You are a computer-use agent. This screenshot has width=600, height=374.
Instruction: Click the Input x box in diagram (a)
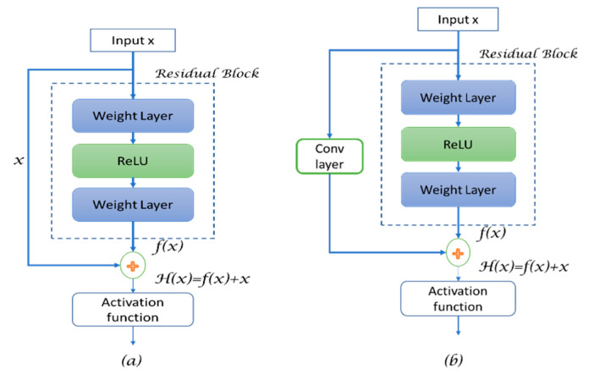(x=134, y=41)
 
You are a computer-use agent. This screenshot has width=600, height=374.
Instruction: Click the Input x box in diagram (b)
(x=458, y=19)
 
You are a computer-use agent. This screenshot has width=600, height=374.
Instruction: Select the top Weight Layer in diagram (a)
(x=134, y=116)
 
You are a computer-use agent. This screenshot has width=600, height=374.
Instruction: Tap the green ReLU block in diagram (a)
(x=134, y=159)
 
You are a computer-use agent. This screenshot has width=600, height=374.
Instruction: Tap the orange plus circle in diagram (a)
(x=134, y=265)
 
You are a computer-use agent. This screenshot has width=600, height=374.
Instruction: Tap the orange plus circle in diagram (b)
(x=458, y=252)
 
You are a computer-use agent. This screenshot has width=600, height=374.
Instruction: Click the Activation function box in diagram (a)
(x=134, y=309)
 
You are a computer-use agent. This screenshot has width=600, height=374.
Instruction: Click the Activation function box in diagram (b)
(x=458, y=297)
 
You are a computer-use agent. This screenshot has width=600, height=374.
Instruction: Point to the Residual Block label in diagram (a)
(x=208, y=73)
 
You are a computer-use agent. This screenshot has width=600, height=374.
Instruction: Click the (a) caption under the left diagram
(x=133, y=359)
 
